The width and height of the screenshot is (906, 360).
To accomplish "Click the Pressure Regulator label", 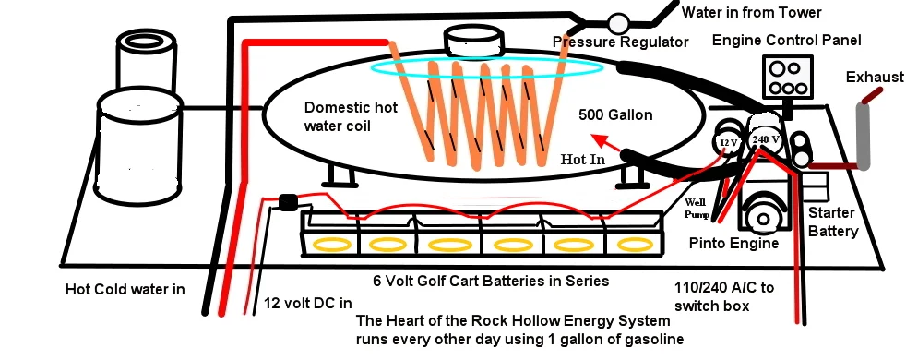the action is [x=621, y=42].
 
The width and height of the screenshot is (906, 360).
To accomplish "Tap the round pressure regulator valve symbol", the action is [x=617, y=23].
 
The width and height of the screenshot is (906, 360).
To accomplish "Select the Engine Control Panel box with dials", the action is [x=788, y=77].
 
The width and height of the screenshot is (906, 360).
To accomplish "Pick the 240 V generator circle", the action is [x=766, y=139].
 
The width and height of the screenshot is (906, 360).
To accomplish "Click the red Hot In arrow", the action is [x=605, y=143].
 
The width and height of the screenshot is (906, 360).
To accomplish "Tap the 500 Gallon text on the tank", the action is [x=615, y=115].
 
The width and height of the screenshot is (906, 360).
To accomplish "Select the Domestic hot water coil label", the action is [x=351, y=116].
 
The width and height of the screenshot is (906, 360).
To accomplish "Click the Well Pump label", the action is [x=698, y=209].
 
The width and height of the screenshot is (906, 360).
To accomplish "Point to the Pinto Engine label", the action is [x=733, y=244].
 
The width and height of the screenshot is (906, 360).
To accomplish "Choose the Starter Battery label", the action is [x=832, y=222].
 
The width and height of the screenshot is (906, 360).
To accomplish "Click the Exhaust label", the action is [x=875, y=77].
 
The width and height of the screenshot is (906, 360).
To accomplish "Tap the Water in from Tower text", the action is [x=752, y=12].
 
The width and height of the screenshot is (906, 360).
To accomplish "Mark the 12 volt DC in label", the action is [x=308, y=303].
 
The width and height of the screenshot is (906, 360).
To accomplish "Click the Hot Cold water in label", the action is [x=125, y=289].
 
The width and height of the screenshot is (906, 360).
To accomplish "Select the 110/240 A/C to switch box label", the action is [x=724, y=296].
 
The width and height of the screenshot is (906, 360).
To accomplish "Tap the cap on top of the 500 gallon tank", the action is [x=472, y=42].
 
